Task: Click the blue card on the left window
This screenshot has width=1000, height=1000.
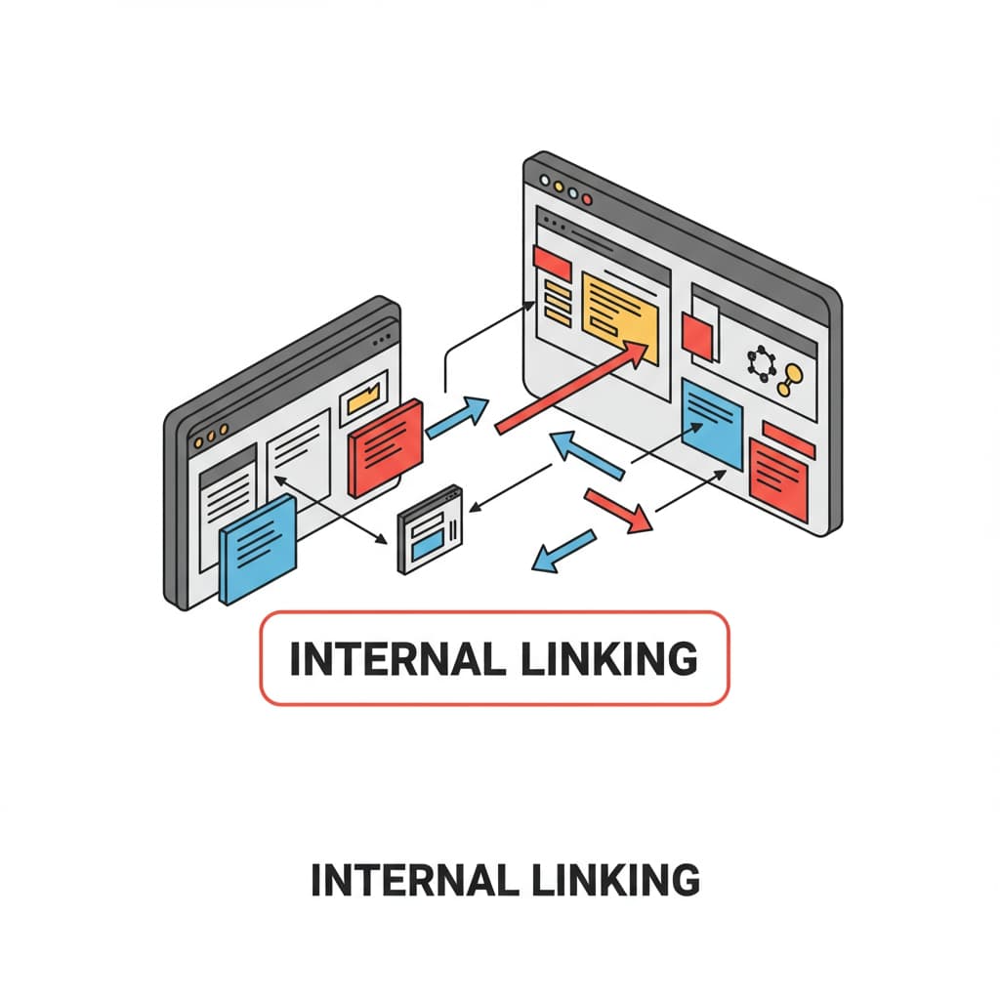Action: [x=258, y=548]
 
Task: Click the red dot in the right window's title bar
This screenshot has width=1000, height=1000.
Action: [x=587, y=198]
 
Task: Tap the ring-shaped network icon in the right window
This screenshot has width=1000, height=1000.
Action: [x=760, y=363]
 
